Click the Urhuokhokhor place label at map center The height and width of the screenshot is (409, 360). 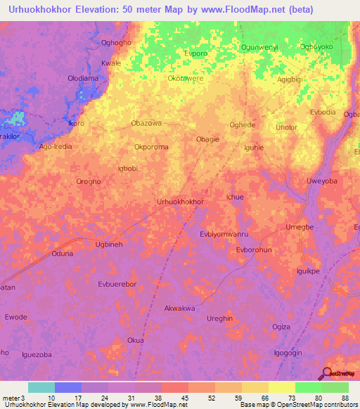point(180,202)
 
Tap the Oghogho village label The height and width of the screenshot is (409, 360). point(116,43)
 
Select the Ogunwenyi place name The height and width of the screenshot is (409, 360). point(260,48)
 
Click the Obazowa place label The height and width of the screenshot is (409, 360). point(146,123)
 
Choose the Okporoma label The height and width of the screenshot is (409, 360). point(152,148)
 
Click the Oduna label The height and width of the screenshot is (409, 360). point(62,254)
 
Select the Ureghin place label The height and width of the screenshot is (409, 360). point(219,318)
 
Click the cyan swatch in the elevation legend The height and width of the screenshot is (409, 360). point(41,387)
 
